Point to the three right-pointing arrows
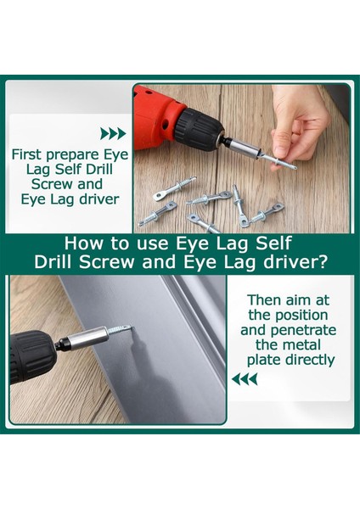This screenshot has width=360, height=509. [x=113, y=133]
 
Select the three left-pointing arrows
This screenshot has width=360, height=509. [x=245, y=379]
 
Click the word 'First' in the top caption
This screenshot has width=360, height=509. [x=27, y=154]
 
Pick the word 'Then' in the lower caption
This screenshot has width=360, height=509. [x=265, y=300]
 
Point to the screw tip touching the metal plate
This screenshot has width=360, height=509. [x=132, y=327]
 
